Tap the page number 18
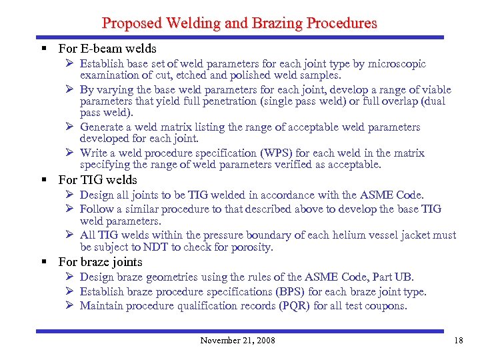[x=458, y=341]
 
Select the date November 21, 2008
[x=237, y=341]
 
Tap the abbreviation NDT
[x=155, y=247]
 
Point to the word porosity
[x=251, y=247]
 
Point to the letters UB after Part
[x=402, y=277]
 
